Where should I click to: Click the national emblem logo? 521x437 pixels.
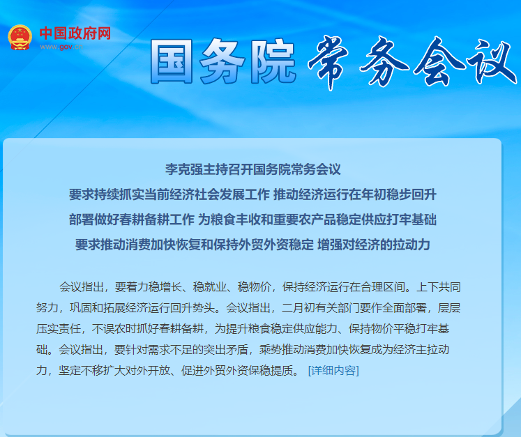pos(20,37)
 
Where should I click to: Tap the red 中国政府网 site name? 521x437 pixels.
pos(75,33)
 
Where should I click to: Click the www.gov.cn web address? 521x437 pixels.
pos(61,47)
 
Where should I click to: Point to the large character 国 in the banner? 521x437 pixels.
pos(171,61)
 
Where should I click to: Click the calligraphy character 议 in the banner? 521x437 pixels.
pos(492,63)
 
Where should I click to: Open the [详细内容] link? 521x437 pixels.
pos(333,370)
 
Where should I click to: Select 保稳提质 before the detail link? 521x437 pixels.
pos(271,370)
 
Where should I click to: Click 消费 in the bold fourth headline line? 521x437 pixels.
pos(138,245)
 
